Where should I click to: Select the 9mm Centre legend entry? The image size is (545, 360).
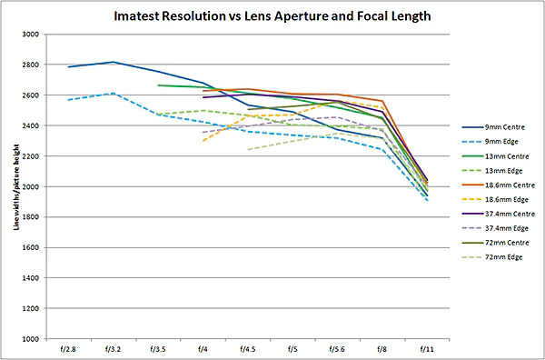495,127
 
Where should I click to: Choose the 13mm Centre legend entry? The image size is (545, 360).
496,156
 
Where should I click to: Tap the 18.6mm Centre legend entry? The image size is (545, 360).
499,185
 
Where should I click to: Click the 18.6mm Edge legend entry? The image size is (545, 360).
496,200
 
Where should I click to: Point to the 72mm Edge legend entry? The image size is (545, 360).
492,257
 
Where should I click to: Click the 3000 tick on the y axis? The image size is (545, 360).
32,35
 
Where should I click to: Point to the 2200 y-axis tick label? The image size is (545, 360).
32,156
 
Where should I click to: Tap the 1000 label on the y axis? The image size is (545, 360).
32,338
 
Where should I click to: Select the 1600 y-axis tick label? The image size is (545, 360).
32,247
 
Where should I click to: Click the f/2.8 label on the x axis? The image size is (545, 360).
69,349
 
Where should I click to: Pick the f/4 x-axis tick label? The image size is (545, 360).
203,349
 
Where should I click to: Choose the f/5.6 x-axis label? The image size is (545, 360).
337,349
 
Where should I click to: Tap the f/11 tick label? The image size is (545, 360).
427,349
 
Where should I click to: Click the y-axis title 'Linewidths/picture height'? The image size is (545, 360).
16,186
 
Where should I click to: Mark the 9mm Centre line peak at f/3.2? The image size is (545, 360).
114,62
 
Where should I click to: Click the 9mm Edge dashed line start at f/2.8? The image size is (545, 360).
69,100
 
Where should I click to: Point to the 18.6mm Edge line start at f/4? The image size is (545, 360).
203,141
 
